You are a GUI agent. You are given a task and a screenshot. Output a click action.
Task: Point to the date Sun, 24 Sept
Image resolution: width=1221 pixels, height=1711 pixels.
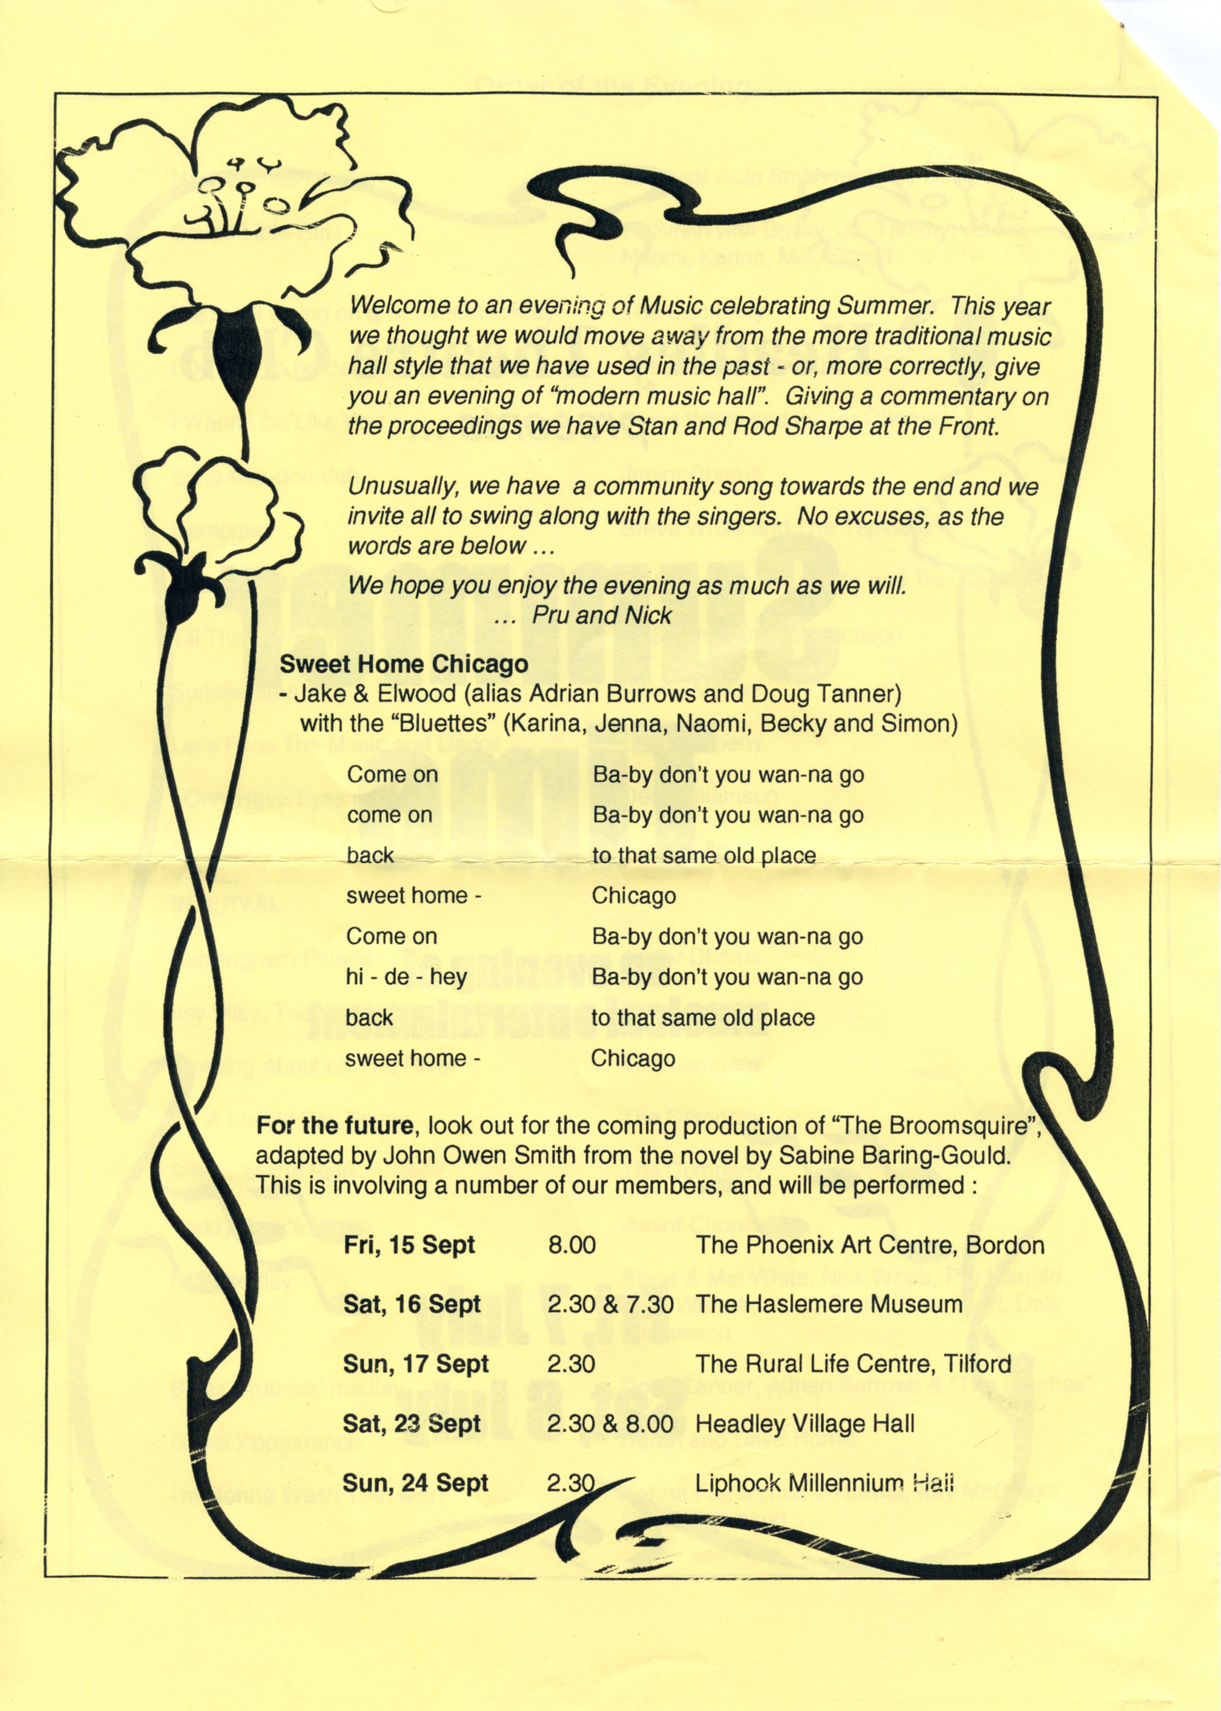click(x=415, y=1483)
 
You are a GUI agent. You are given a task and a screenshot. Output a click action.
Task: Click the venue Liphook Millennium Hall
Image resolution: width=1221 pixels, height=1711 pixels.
click(x=824, y=1483)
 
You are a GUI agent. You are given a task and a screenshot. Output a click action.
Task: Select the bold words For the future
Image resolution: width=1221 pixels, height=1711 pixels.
click(x=334, y=1126)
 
